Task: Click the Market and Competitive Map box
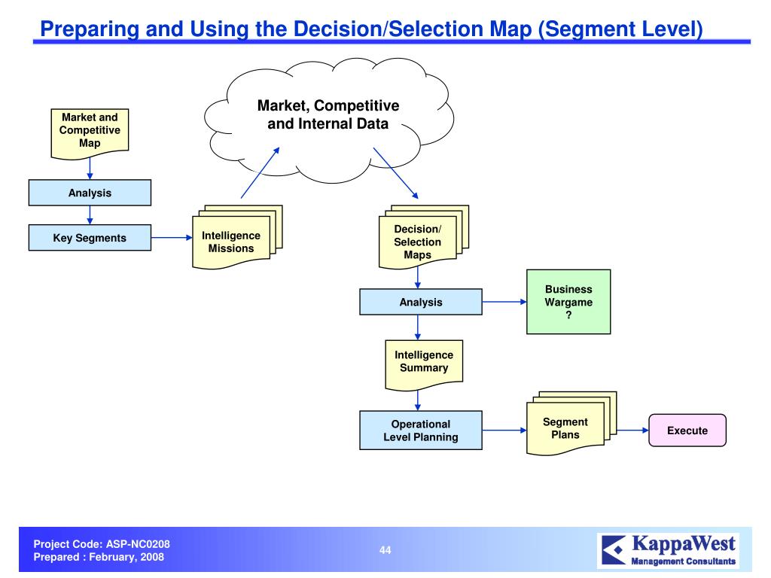point(90,131)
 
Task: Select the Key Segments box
point(90,239)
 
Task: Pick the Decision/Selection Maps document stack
point(418,242)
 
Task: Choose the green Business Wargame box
point(568,303)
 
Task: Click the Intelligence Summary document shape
point(424,362)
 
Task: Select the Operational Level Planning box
point(420,430)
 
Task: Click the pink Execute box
point(687,430)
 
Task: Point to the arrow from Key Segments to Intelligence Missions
point(172,239)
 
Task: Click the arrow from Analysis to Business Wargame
point(504,303)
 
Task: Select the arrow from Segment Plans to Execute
point(625,431)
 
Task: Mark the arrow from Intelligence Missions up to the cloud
point(260,172)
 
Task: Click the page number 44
point(385,550)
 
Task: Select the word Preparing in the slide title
point(80,29)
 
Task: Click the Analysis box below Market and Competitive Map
point(90,193)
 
